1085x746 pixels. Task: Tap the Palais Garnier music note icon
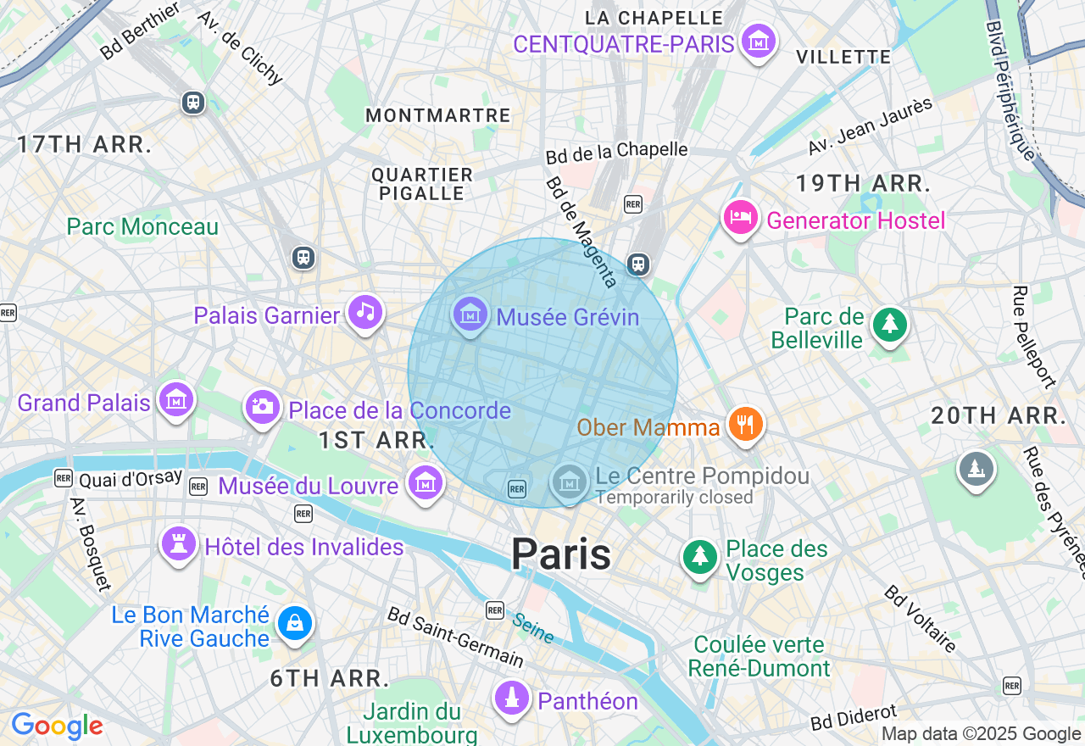[x=365, y=311]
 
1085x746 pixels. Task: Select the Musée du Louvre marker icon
[x=425, y=483]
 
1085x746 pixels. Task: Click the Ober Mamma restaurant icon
[x=746, y=424]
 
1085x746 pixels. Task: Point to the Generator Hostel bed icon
[x=740, y=218]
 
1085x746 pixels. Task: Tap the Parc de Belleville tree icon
[x=890, y=325]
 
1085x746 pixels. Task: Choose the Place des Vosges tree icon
[x=700, y=556]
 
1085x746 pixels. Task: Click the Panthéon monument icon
[x=511, y=699]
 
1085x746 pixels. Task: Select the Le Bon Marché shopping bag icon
[x=294, y=624]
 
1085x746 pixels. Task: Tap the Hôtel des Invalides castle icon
[x=179, y=544]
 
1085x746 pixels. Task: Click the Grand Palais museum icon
[x=176, y=399]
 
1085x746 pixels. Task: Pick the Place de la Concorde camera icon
[x=263, y=407]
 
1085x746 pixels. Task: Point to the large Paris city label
[x=560, y=555]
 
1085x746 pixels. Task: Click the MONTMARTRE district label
[x=437, y=115]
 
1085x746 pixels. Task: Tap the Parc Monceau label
[x=142, y=227]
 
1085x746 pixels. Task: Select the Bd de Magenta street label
[x=581, y=231]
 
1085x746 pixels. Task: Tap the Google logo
[x=57, y=727]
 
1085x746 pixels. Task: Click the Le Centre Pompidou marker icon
[x=570, y=482]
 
